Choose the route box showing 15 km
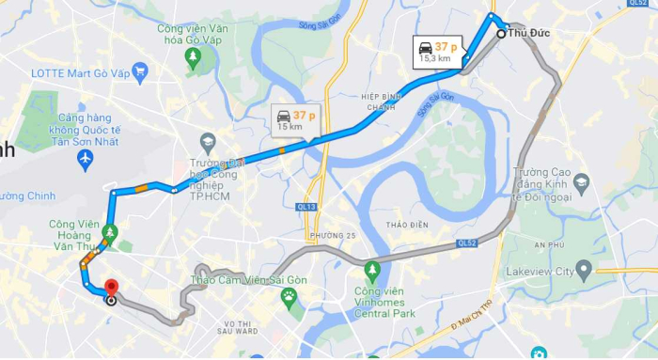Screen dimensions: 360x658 [x=294, y=119]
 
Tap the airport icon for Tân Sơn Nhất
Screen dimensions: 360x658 [x=86, y=161]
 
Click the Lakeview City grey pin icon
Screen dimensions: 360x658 [x=584, y=272]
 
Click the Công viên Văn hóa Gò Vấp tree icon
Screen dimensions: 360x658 [x=193, y=58]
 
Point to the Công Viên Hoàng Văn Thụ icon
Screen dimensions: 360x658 [x=111, y=231]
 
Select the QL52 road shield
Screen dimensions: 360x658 [x=468, y=242]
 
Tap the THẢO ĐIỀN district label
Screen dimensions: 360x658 [x=407, y=226]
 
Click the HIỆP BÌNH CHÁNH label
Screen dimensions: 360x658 [x=381, y=102]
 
